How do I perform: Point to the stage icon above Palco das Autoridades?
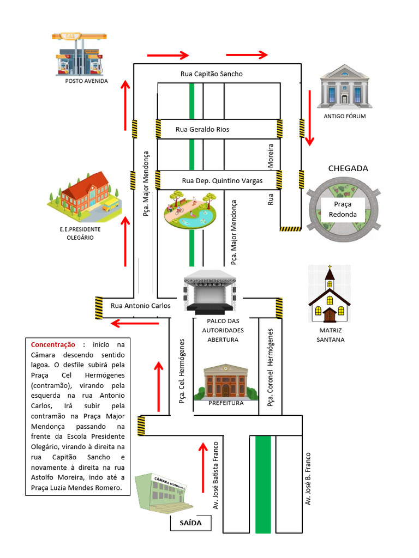pyautogui.click(x=210, y=292)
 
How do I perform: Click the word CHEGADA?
pyautogui.click(x=348, y=168)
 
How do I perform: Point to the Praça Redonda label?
pyautogui.click(x=343, y=209)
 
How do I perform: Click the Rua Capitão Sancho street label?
pyautogui.click(x=211, y=74)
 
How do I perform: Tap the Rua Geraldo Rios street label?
pyautogui.click(x=202, y=130)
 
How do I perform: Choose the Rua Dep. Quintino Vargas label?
pyautogui.click(x=222, y=180)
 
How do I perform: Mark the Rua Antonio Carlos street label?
pyautogui.click(x=141, y=306)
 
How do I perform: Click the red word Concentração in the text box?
pyautogui.click(x=53, y=344)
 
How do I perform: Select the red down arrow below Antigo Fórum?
pyautogui.click(x=310, y=118)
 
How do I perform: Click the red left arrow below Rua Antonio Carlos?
pyautogui.click(x=135, y=324)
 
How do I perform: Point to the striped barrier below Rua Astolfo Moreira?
pyautogui.click(x=290, y=229)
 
